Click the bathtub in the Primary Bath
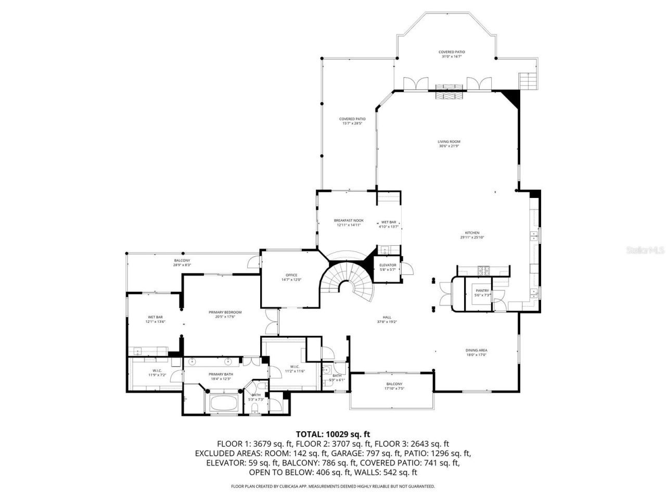(x=223, y=404)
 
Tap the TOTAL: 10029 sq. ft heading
(x=332, y=433)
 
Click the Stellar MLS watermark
(x=645, y=251)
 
